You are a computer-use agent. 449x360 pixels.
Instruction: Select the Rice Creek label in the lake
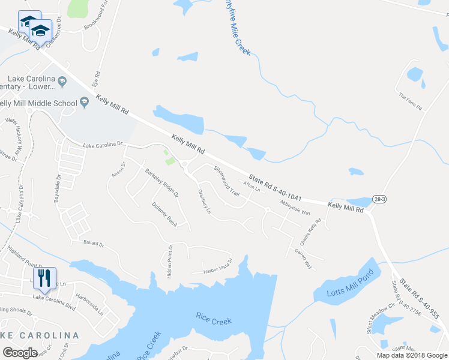coord(213,321)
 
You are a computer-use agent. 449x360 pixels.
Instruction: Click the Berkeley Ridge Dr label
coord(161,183)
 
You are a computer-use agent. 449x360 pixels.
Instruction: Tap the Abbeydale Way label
coord(294,208)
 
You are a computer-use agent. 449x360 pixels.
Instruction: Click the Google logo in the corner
coord(20,353)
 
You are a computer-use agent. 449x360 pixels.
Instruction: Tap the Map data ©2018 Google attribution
coord(411,355)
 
